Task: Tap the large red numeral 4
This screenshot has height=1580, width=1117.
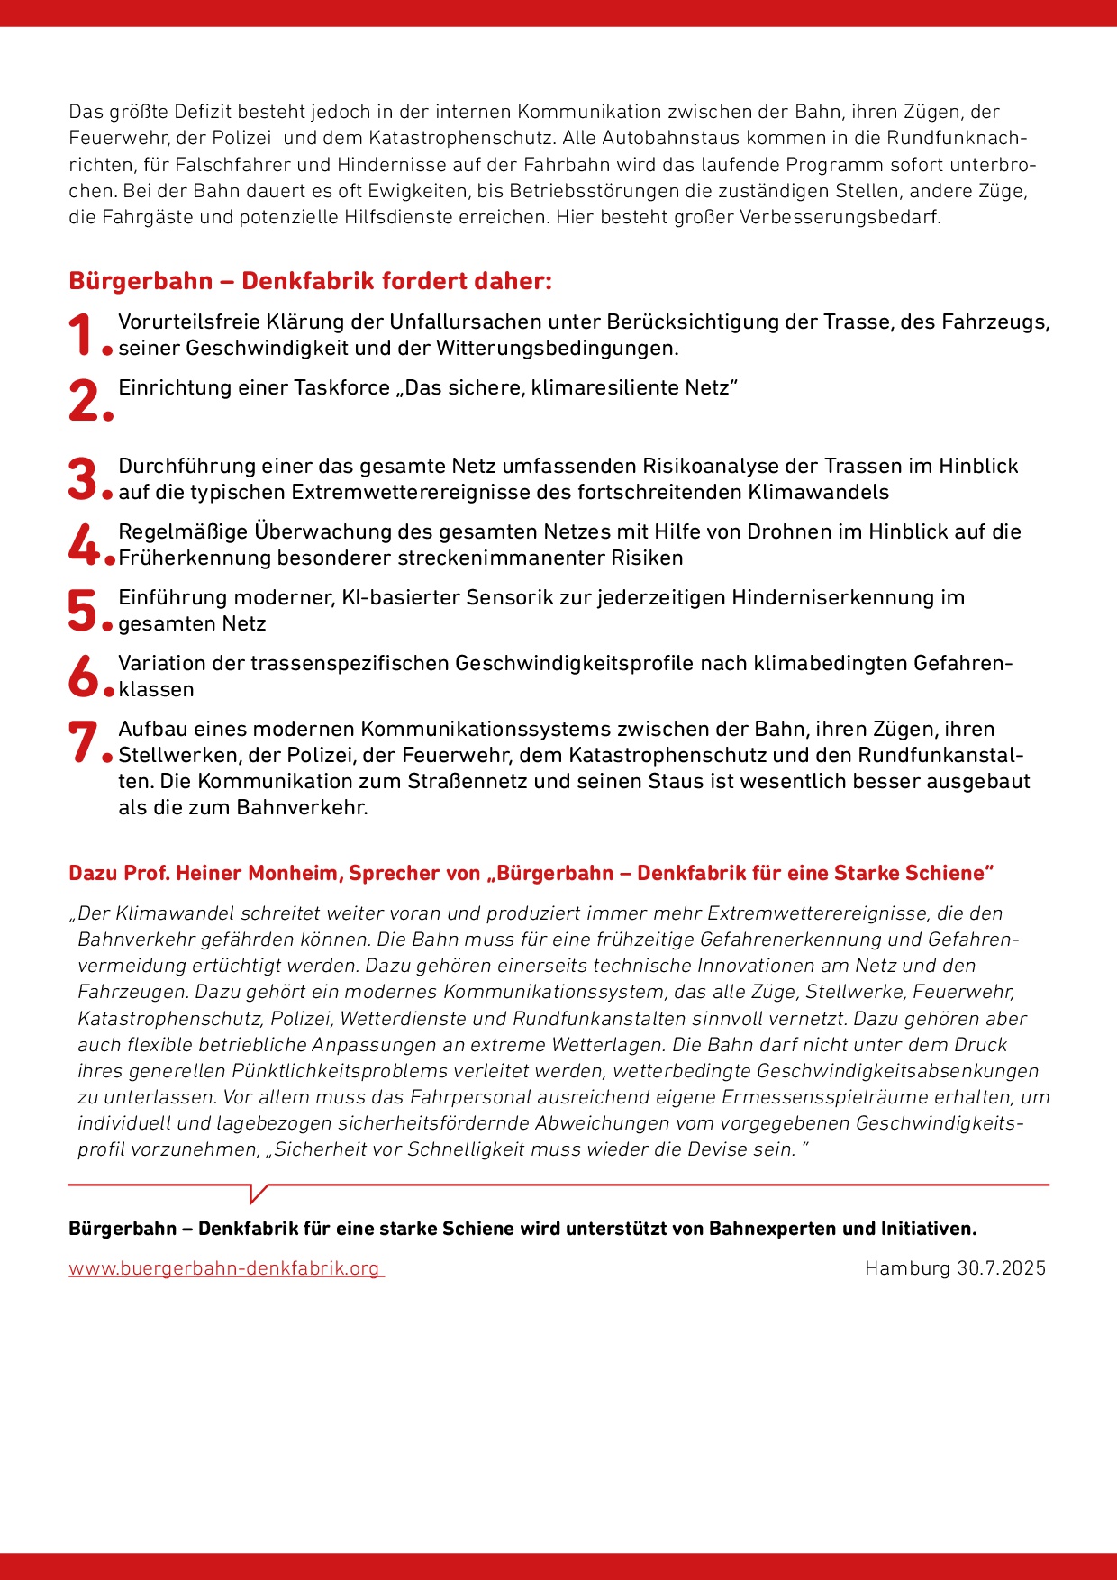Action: click(83, 544)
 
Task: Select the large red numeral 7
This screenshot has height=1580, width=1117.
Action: click(83, 742)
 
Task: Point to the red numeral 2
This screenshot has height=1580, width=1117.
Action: click(85, 401)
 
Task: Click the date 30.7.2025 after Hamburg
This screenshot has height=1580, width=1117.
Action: click(1001, 1268)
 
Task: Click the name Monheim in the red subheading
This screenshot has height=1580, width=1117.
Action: click(295, 873)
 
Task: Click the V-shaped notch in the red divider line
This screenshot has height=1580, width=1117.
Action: click(258, 1195)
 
